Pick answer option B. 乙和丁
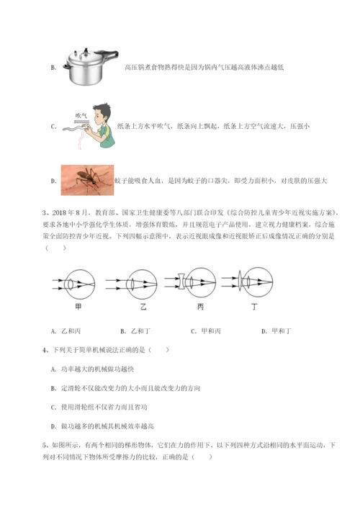click(135, 330)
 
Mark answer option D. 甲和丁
click(275, 330)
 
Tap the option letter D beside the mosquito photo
click(53, 181)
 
